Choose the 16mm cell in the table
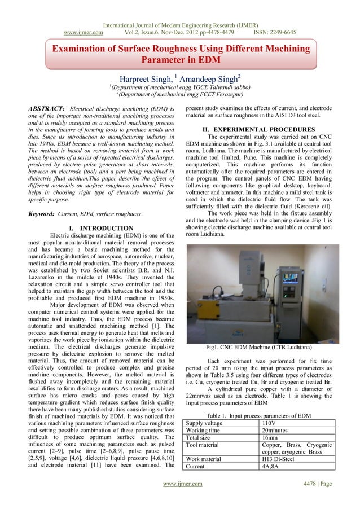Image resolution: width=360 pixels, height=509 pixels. tap(271, 440)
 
